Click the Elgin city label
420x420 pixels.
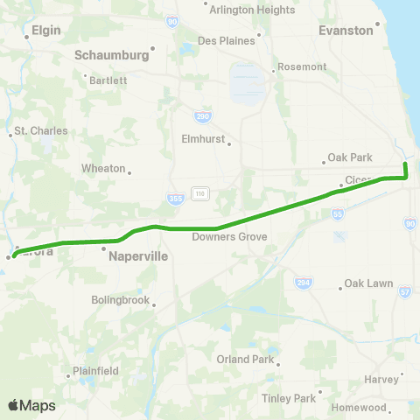click(x=45, y=30)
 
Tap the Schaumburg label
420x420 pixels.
click(x=111, y=54)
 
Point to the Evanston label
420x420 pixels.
click(x=346, y=30)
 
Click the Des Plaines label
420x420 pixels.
click(x=227, y=40)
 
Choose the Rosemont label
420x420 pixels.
click(x=302, y=66)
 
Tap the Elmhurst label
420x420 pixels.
click(x=203, y=138)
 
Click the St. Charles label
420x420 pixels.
click(x=41, y=131)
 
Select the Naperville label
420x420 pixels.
click(x=138, y=257)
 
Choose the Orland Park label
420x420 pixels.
click(x=246, y=359)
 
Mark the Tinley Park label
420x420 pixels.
click(x=288, y=399)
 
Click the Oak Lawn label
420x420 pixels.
click(x=368, y=283)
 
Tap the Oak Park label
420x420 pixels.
click(x=350, y=157)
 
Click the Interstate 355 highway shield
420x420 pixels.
click(x=176, y=199)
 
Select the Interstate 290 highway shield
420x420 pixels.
click(x=201, y=115)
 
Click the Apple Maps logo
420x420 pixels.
click(x=31, y=405)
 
